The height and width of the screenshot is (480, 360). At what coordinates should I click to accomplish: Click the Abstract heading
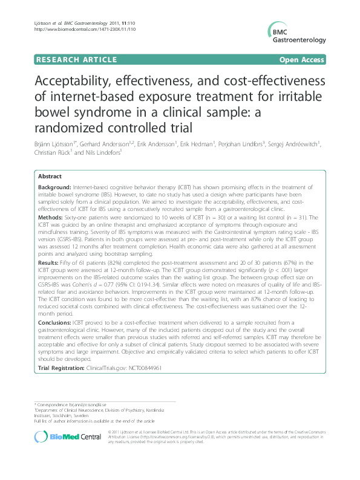50,176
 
